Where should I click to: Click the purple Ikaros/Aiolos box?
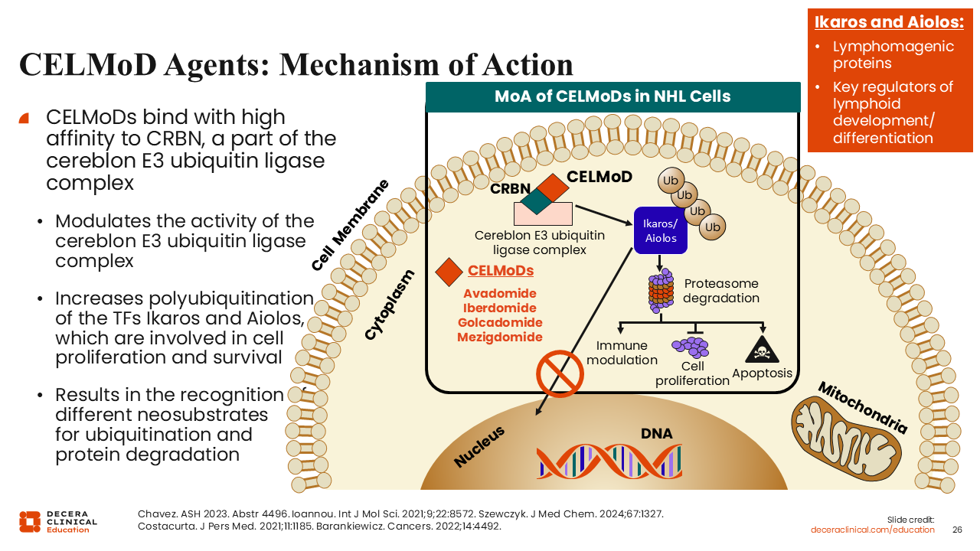click(x=660, y=230)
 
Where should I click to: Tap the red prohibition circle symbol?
click(x=560, y=373)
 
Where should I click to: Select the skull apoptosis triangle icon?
click(x=762, y=350)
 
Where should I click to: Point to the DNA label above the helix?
click(x=656, y=434)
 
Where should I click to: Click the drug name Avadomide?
click(x=500, y=294)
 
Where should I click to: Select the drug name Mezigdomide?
click(x=500, y=337)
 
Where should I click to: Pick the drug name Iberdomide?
click(x=500, y=308)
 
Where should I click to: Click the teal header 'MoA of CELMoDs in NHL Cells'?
click(x=612, y=96)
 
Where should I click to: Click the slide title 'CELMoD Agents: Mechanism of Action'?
click(x=296, y=64)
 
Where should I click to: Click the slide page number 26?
click(x=957, y=530)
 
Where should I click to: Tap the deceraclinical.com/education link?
click(x=873, y=530)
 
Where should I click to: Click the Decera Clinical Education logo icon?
click(x=30, y=521)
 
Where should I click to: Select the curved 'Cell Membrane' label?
click(x=350, y=225)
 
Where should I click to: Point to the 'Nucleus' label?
click(x=479, y=447)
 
